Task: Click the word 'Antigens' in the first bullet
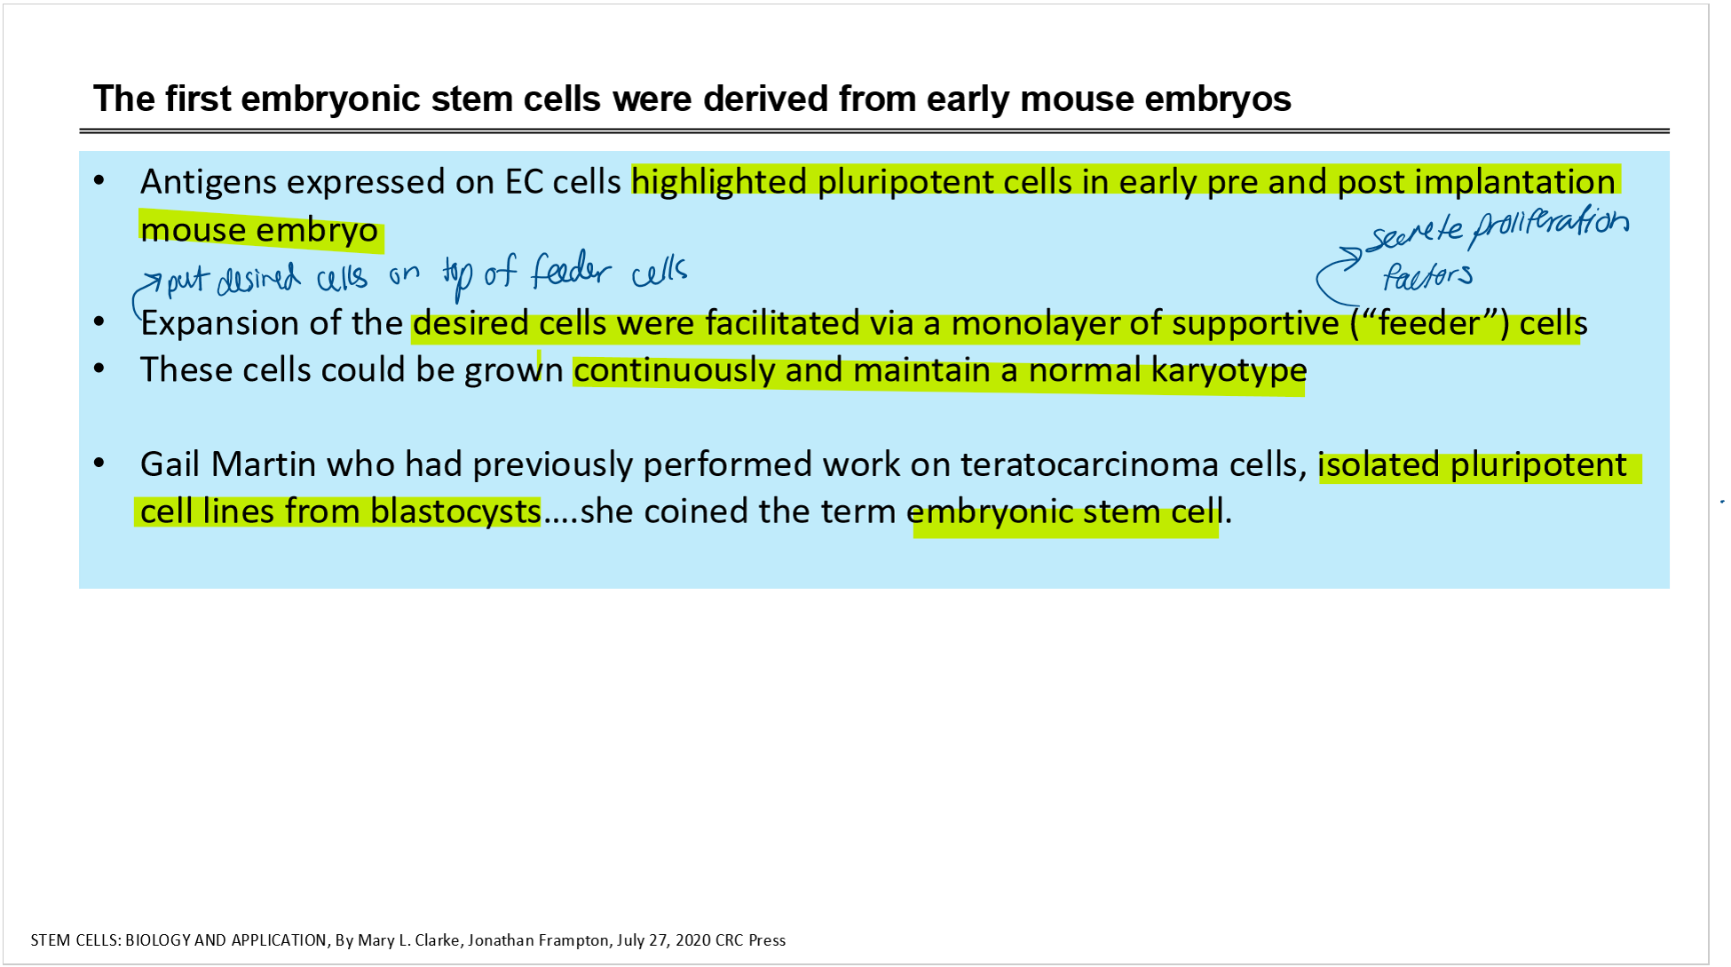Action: [209, 183]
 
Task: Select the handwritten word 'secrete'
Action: [1415, 234]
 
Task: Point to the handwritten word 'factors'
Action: [1427, 275]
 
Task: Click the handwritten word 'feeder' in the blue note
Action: [572, 270]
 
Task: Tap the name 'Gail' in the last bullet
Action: [170, 464]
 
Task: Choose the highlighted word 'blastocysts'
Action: [455, 511]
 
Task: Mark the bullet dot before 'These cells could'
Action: [99, 368]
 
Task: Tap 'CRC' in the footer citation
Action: [729, 940]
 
